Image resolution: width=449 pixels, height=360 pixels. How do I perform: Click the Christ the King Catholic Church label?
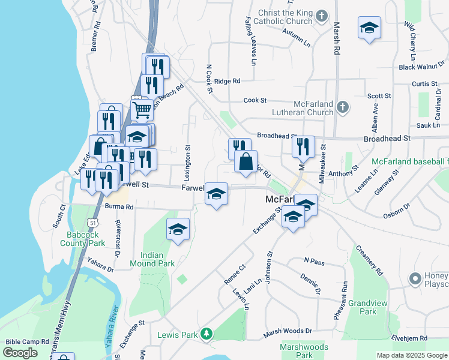[285, 17]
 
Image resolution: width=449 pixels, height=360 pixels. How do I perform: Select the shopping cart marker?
[142, 110]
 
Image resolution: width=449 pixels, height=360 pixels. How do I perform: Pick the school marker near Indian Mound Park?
[178, 230]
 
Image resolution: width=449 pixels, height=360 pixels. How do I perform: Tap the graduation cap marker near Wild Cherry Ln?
[369, 28]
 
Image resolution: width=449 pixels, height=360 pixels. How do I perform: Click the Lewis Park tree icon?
[206, 334]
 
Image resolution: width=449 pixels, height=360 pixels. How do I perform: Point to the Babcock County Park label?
[83, 239]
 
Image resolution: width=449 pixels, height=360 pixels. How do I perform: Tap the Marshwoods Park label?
[304, 351]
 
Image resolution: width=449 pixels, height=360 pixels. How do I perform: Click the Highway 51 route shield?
[92, 222]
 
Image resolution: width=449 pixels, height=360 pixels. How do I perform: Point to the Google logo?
[20, 353]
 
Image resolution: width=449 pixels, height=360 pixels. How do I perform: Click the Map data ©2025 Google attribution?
[412, 355]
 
